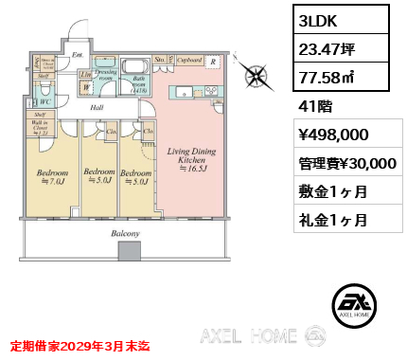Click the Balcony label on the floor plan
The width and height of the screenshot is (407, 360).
point(124,234)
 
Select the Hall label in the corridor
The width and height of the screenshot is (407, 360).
point(97,107)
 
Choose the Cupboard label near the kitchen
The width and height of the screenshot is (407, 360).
point(189,60)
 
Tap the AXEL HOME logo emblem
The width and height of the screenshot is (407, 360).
point(357,302)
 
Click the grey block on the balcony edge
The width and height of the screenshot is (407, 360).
point(125,252)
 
